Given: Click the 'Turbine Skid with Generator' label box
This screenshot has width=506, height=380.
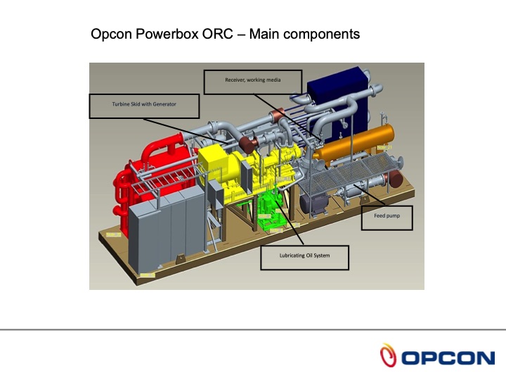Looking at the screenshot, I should (x=144, y=105).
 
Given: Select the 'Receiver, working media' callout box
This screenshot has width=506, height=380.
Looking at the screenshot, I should (x=252, y=81).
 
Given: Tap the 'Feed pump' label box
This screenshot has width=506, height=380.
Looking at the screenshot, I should (x=387, y=217).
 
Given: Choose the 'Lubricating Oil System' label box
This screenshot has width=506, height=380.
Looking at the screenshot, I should (x=304, y=257).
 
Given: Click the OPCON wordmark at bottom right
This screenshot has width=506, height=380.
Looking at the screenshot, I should (x=448, y=357).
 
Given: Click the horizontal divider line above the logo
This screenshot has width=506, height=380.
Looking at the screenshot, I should (x=253, y=329).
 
